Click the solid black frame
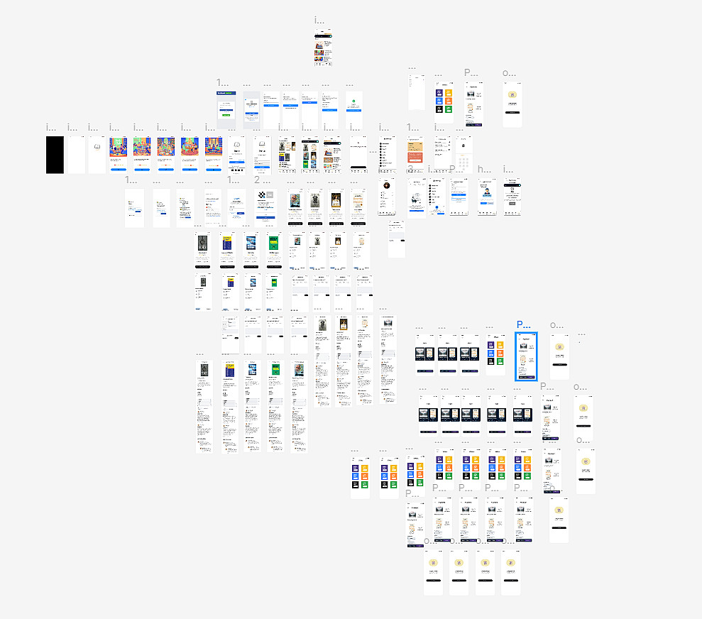[x=55, y=154]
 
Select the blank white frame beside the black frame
[x=75, y=154]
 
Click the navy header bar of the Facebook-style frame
[x=225, y=93]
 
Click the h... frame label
[x=483, y=170]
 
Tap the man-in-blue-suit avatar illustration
[x=487, y=190]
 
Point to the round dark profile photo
[x=387, y=185]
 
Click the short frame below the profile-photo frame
[x=396, y=239]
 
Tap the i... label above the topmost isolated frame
[x=319, y=21]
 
